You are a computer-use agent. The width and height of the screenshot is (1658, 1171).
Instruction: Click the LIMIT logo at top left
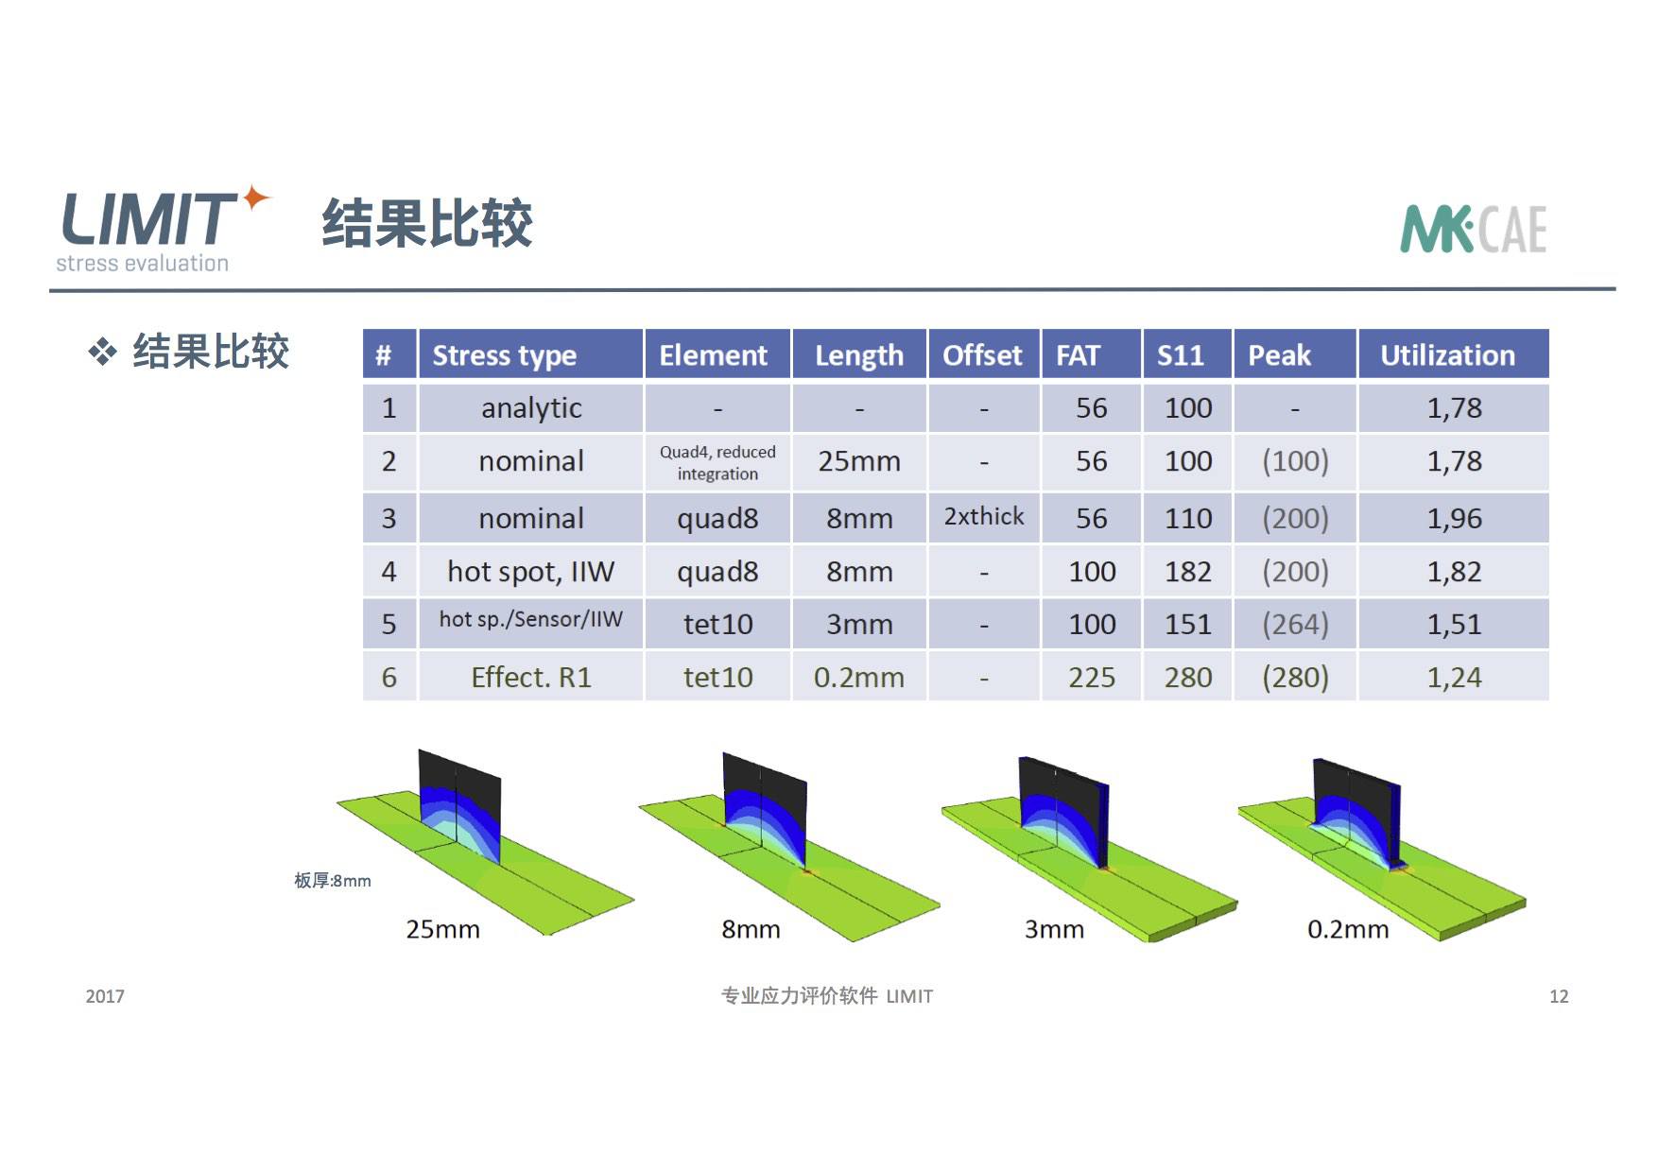point(163,228)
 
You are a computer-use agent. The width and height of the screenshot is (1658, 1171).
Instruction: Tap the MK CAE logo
point(1473,230)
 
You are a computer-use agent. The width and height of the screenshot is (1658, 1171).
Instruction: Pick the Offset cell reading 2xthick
point(983,517)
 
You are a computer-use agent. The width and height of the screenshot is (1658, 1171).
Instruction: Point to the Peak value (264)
point(1295,624)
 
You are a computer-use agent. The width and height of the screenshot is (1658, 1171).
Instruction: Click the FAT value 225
point(1092,678)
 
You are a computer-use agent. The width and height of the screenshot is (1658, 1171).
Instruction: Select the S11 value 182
point(1188,572)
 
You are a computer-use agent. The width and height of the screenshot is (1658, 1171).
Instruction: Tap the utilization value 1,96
point(1454,519)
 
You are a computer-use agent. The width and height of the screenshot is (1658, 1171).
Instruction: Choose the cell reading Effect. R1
point(531,678)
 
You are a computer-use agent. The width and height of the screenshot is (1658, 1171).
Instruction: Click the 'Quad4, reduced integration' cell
point(717,462)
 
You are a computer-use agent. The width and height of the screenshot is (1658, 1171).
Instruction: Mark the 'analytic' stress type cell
point(531,408)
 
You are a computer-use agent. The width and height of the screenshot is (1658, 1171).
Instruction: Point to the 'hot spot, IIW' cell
point(531,572)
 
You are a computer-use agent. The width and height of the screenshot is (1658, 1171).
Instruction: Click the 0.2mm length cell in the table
point(859,678)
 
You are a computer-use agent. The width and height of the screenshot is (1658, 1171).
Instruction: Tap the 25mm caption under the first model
point(442,930)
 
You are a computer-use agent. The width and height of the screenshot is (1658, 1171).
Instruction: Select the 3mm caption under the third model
point(1054,930)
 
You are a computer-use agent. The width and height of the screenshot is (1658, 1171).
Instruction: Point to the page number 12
point(1559,996)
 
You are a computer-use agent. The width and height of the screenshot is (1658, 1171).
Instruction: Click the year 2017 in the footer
point(105,996)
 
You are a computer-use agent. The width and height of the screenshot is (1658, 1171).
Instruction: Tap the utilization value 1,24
point(1454,678)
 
